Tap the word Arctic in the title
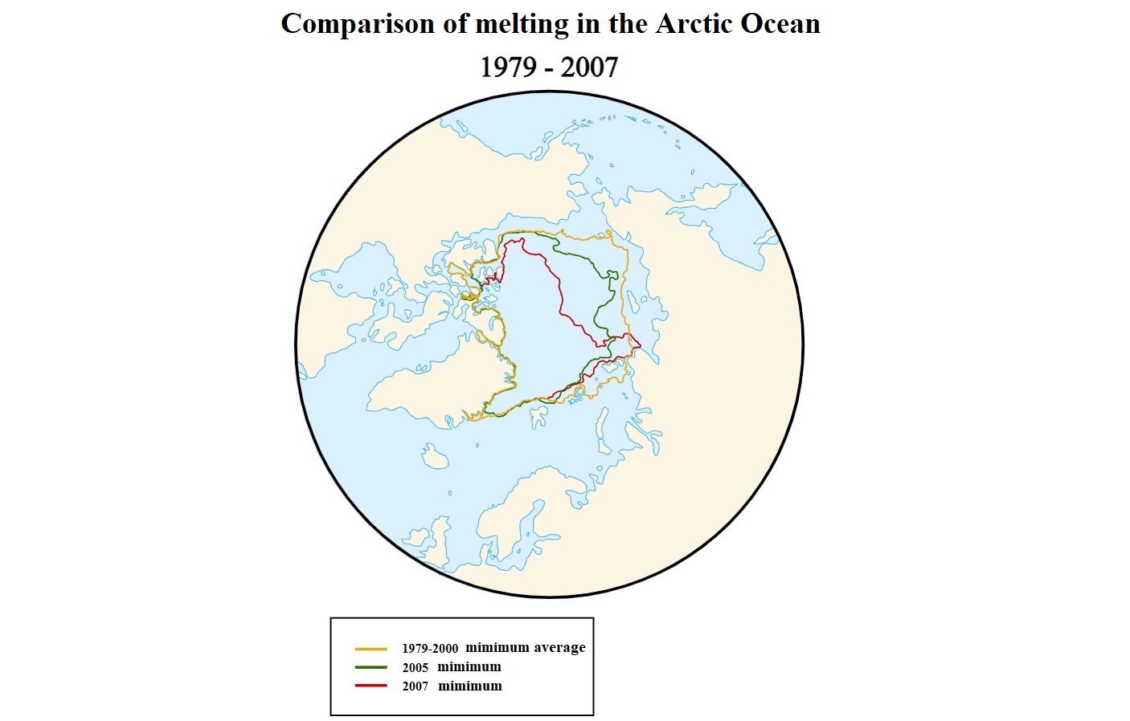[694, 24]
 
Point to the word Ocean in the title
[780, 24]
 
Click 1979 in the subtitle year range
[508, 67]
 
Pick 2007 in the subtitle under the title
[589, 67]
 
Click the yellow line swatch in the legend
[371, 649]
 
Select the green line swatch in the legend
[371, 667]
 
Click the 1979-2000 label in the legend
[430, 649]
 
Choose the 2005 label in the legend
[416, 668]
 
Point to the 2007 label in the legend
[416, 687]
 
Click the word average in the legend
[559, 648]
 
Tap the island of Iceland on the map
[435, 457]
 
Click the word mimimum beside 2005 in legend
[469, 667]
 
